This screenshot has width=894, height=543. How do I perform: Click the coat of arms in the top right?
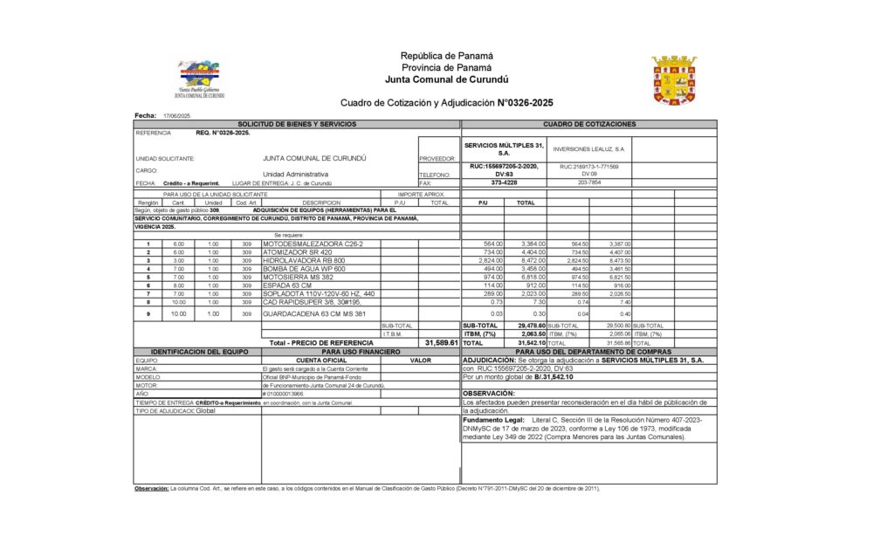674,81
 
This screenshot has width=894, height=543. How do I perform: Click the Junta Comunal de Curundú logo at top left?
200,79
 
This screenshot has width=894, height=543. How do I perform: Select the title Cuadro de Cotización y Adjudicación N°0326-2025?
447,102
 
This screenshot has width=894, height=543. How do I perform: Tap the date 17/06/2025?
176,116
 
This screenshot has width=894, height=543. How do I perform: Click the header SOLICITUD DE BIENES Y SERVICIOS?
297,125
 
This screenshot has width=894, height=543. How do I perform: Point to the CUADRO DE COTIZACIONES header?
589,125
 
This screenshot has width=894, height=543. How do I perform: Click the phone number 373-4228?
504,182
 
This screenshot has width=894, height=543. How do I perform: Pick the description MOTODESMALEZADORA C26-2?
307,244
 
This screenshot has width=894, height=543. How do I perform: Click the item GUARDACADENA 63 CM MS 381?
314,313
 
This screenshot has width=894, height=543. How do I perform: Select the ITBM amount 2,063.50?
532,333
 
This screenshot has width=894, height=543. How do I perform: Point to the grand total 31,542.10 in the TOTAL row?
532,343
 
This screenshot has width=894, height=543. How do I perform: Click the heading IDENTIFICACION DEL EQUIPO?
197,351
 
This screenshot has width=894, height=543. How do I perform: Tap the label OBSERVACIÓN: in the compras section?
489,394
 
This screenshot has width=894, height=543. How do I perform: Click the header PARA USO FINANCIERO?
361,351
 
